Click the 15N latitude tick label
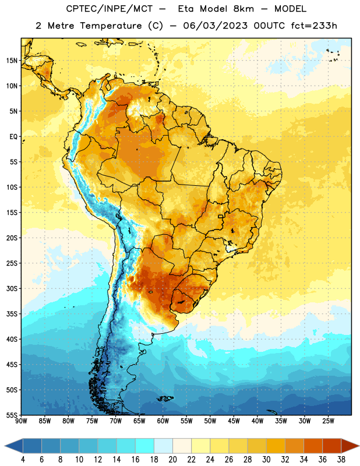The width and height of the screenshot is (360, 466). click(x=12, y=61)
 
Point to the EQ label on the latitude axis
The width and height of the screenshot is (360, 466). click(x=13, y=137)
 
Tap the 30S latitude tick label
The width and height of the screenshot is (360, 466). click(x=12, y=288)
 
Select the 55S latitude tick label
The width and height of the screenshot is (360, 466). click(x=12, y=415)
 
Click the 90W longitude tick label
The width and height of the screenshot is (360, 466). click(x=21, y=421)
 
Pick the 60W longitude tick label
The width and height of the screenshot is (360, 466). click(x=163, y=421)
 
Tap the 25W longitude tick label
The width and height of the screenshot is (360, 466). click(x=328, y=421)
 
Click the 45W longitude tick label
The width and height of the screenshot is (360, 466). click(x=234, y=421)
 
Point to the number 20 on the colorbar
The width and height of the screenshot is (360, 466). click(x=172, y=460)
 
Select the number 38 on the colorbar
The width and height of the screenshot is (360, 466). click(x=341, y=460)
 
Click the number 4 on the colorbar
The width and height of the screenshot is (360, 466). click(x=23, y=460)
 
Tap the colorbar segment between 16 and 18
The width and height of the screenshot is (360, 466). click(x=145, y=446)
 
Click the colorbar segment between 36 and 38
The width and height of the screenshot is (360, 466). click(x=332, y=446)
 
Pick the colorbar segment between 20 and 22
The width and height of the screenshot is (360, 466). click(x=182, y=446)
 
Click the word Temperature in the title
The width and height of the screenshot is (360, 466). click(x=111, y=26)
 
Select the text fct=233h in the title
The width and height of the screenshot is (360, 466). click(x=314, y=26)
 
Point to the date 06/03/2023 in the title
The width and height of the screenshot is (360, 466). click(x=215, y=26)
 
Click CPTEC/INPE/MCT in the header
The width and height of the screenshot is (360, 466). click(x=110, y=9)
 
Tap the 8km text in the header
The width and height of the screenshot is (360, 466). click(x=243, y=9)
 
